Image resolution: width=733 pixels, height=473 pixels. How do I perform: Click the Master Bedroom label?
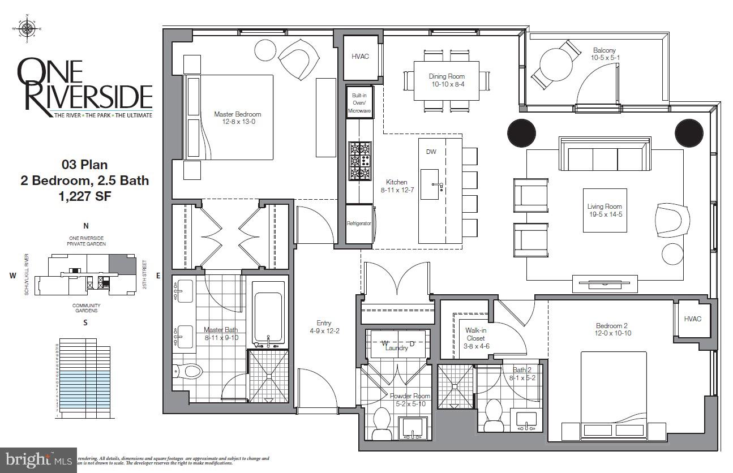(238, 114)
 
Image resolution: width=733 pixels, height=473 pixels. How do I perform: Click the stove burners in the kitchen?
(359, 161)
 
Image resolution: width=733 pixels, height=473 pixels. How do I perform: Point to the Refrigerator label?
(359, 223)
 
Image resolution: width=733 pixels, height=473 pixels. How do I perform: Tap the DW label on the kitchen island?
(431, 152)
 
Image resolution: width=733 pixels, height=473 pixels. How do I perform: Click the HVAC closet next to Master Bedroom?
(360, 57)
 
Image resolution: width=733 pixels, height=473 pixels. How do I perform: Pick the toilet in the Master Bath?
(189, 371)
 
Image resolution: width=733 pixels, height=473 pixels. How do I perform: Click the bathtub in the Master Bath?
(268, 319)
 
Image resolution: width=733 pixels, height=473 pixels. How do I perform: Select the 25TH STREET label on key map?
(145, 274)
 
